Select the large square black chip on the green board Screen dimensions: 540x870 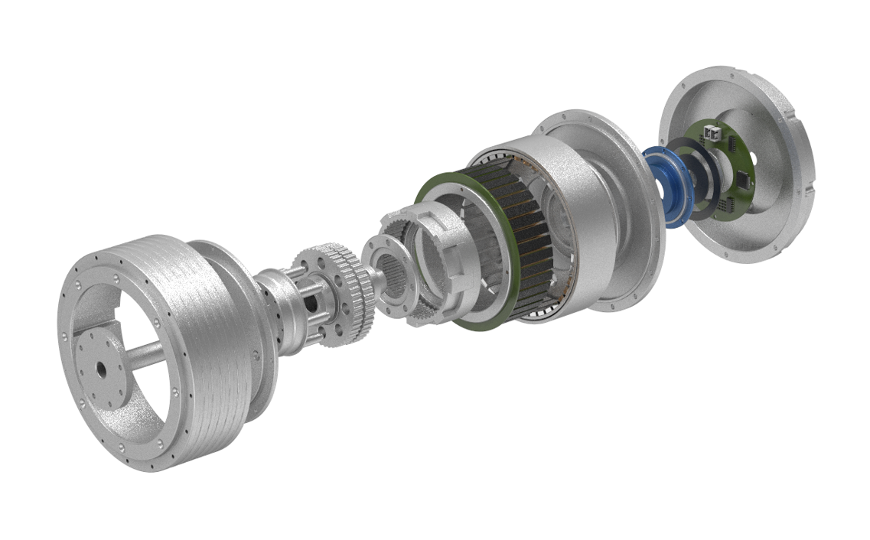pyautogui.click(x=742, y=181)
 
